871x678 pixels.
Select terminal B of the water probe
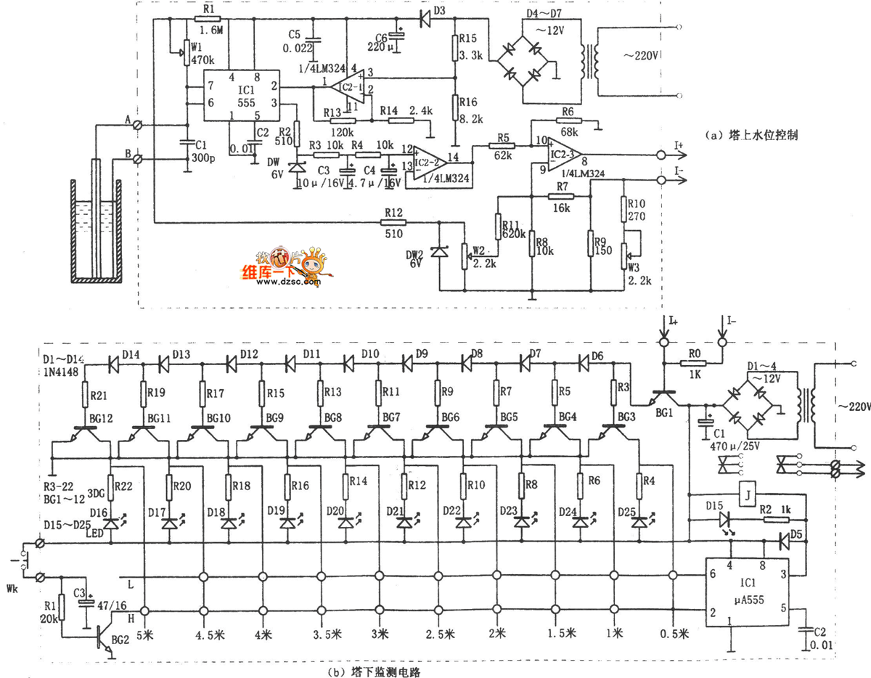[x=143, y=157]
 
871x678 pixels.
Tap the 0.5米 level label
[x=675, y=634]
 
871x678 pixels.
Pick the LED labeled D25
[x=639, y=521]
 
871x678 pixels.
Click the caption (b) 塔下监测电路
[x=375, y=671]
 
